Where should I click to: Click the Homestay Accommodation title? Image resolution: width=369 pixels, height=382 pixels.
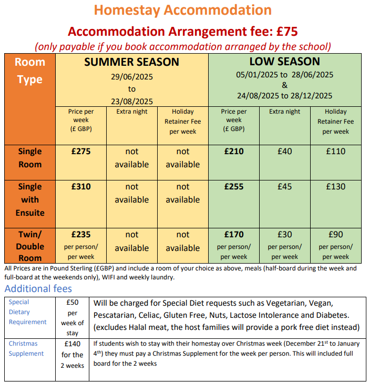[x=183, y=9]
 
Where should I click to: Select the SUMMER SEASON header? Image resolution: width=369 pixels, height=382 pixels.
[x=132, y=62]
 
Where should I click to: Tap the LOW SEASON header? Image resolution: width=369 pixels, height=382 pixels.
[x=284, y=62]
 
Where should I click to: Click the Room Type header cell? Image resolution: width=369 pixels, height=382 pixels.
[x=29, y=71]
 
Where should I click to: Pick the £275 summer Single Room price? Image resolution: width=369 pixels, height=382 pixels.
[x=81, y=152]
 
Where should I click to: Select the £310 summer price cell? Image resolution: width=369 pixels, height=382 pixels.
[x=81, y=187]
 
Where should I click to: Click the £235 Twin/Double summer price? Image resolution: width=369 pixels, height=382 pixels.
[x=81, y=235]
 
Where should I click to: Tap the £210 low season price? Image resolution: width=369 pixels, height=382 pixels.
[x=233, y=152]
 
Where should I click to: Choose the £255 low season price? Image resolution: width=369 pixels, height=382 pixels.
[x=233, y=187]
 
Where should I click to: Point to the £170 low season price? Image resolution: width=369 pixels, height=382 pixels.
[x=233, y=235]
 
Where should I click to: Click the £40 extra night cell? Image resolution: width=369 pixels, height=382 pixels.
[x=284, y=152]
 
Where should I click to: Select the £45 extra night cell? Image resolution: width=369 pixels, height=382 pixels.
[x=284, y=187]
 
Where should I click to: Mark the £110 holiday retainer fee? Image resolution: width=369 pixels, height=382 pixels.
[x=336, y=152]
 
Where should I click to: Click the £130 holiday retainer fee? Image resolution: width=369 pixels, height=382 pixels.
[x=336, y=187]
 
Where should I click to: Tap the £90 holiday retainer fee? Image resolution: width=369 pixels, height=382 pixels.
[x=336, y=235]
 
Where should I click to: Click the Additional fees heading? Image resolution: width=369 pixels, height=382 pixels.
[x=38, y=289]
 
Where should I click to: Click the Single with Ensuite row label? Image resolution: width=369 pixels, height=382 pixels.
[x=29, y=199]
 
